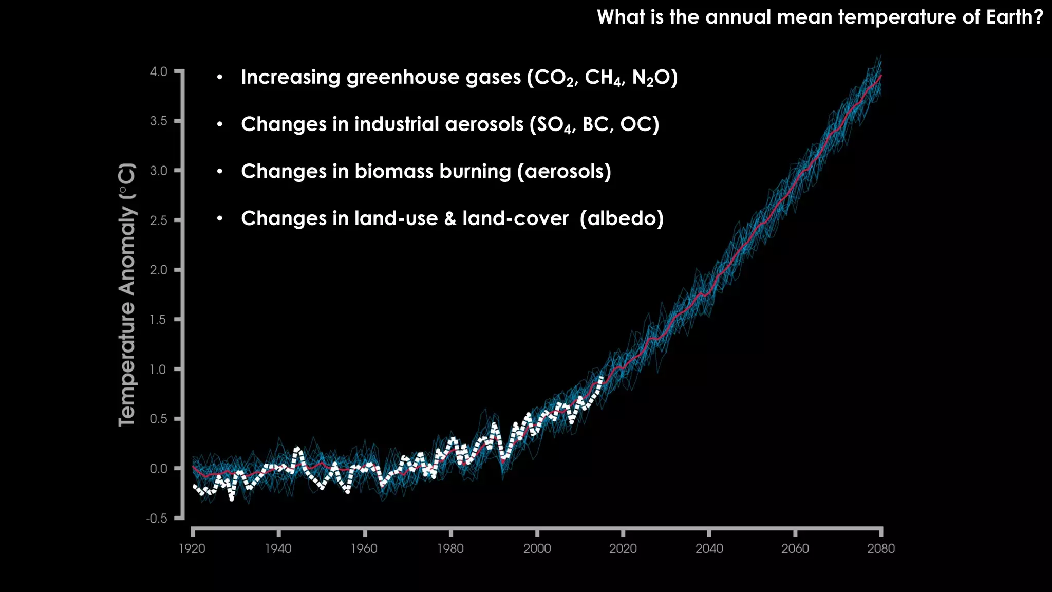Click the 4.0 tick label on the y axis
[158, 71]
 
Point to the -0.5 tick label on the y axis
[157, 518]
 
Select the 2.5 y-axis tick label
[158, 220]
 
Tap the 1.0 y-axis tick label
[158, 369]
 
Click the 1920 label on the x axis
[192, 549]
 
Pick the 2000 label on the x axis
[537, 549]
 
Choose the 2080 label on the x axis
[881, 549]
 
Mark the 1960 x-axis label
[364, 549]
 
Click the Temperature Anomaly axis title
[127, 294]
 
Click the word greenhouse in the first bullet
[404, 77]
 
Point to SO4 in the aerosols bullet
[555, 125]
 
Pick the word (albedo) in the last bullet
[622, 218]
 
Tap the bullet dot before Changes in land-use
[220, 218]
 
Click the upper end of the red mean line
[881, 76]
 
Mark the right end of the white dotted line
[602, 378]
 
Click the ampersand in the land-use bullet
[450, 218]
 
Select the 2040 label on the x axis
[709, 549]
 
